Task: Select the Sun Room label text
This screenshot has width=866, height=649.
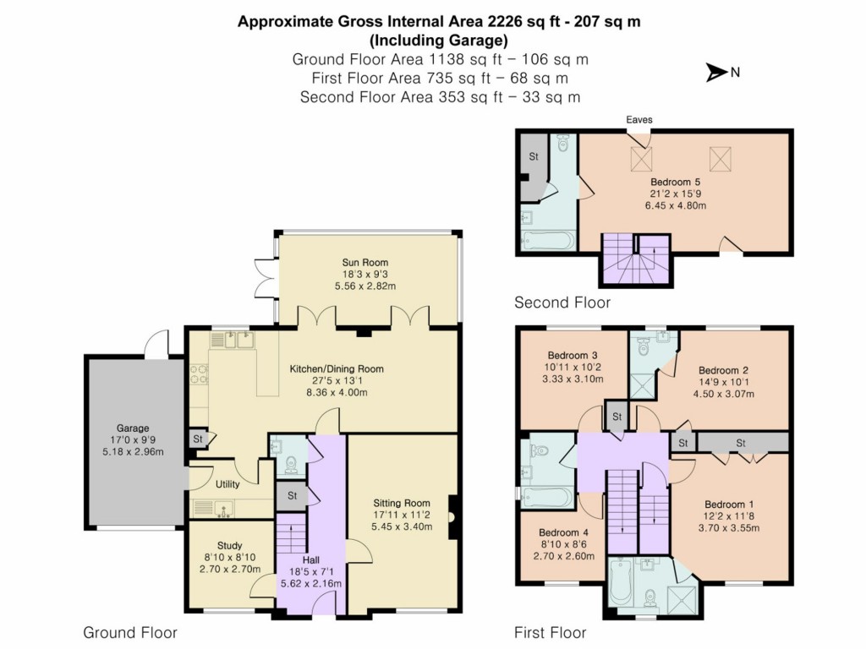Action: [x=365, y=263]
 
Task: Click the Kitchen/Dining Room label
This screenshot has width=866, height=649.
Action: [x=337, y=368]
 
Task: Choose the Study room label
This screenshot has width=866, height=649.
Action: [x=228, y=545]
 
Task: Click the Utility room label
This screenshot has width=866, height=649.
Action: [x=227, y=484]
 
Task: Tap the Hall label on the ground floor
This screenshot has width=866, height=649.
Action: [x=312, y=559]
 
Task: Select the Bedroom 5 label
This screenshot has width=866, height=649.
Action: [x=675, y=182]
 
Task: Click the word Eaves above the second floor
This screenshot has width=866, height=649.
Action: [x=639, y=120]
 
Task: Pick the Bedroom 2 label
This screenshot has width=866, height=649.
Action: [x=723, y=370]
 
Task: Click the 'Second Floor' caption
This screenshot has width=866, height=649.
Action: [x=562, y=303]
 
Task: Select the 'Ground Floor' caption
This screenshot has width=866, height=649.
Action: [x=130, y=632]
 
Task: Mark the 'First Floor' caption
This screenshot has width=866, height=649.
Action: [x=550, y=632]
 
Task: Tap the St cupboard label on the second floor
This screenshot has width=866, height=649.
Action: [x=534, y=156]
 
